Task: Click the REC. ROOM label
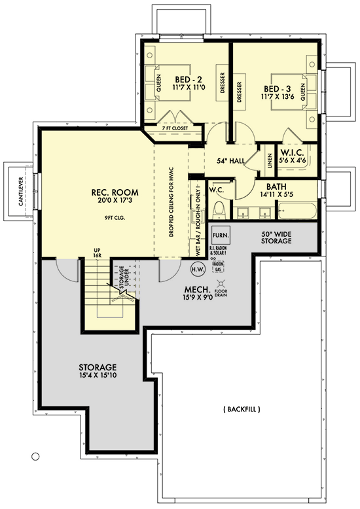coord(108,197)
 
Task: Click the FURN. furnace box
coord(219,234)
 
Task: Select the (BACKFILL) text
coord(242,410)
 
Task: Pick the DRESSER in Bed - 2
coord(223,84)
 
